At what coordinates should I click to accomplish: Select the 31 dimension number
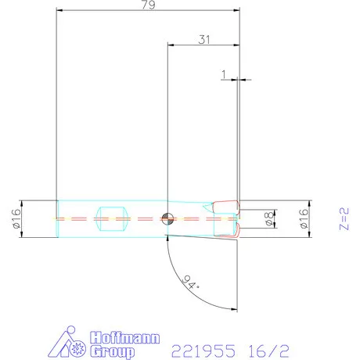203,40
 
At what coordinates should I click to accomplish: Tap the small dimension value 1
224,74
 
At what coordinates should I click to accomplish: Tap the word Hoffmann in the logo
125,338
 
